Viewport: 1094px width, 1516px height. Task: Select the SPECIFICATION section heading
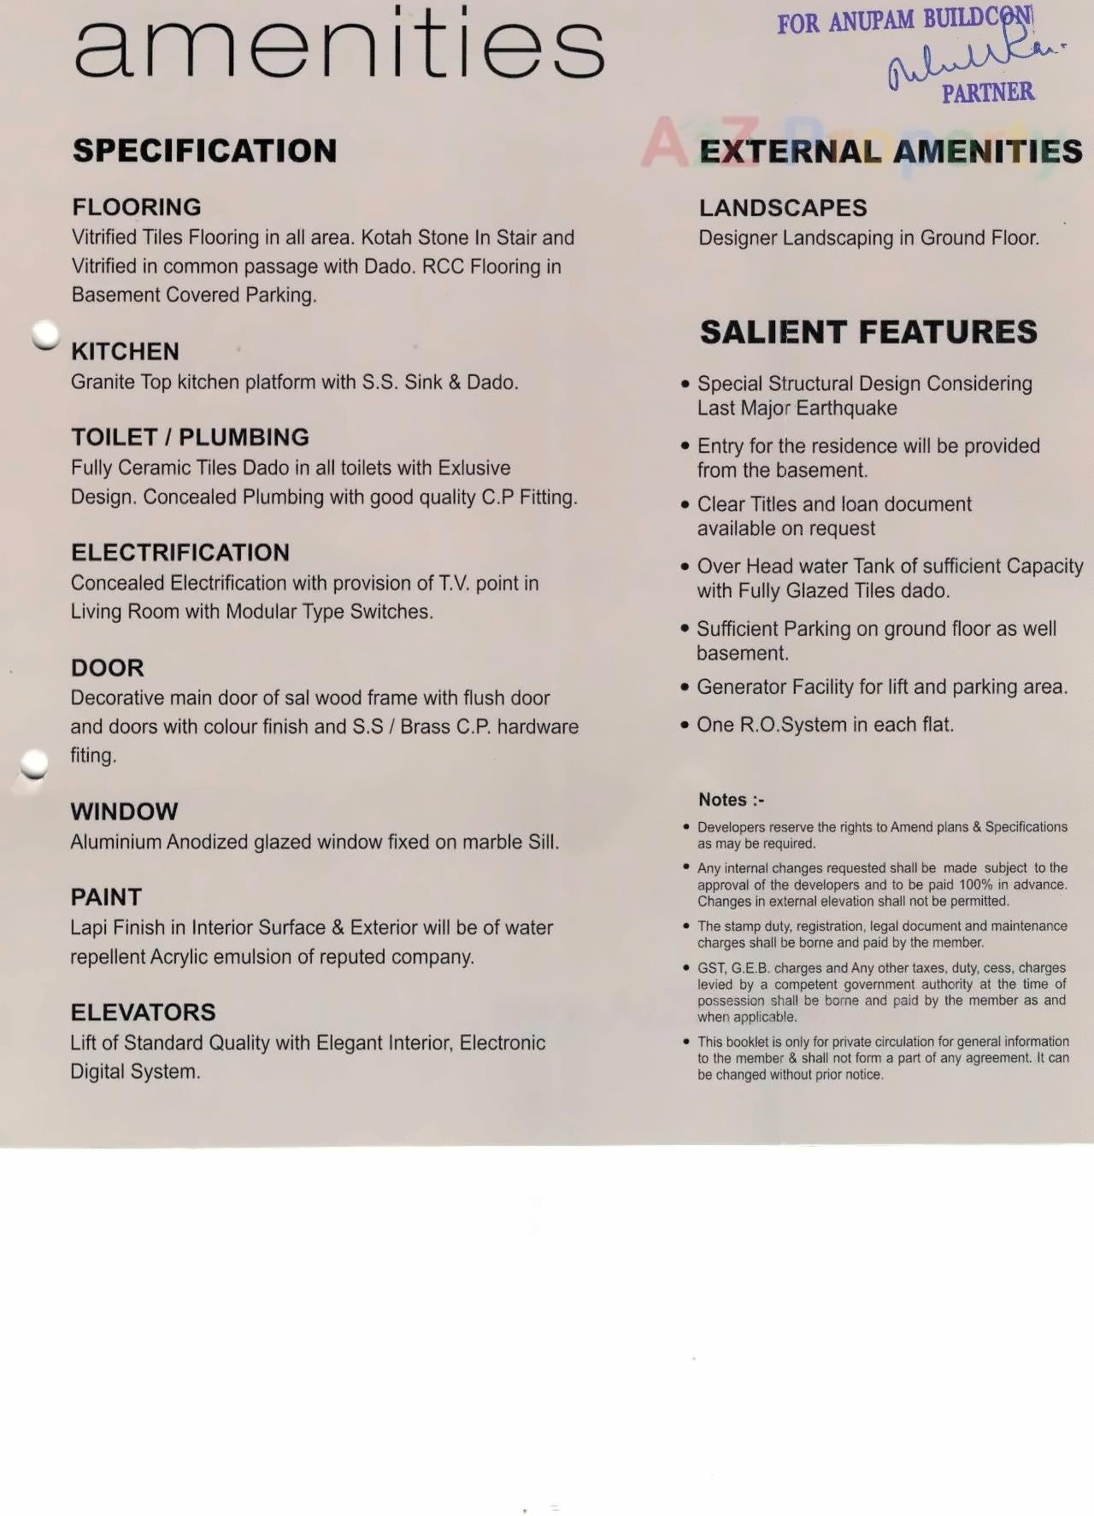[x=204, y=151]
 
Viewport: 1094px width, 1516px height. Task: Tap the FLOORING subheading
[x=137, y=207]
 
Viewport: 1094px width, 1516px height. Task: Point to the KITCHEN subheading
[x=125, y=351]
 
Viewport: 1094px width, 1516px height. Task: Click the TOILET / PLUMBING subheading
[x=190, y=437]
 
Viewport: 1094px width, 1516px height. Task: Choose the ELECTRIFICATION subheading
[x=180, y=552]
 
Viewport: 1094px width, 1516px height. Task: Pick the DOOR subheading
[x=108, y=667]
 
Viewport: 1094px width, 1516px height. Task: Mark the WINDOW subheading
[x=124, y=811]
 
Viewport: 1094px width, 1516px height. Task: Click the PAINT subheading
[x=106, y=896]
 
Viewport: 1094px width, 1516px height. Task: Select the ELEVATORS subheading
[x=143, y=1012]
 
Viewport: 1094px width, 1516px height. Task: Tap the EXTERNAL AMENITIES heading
[x=891, y=152]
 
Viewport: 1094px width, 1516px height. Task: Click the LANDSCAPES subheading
[x=783, y=208]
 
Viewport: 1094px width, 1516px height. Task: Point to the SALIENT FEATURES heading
[x=868, y=332]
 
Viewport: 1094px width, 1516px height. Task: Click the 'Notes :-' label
[x=731, y=800]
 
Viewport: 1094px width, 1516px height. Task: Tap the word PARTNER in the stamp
[x=988, y=92]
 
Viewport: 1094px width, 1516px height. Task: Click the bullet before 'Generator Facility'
[x=685, y=688]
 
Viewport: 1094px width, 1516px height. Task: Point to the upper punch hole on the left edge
[x=45, y=334]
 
